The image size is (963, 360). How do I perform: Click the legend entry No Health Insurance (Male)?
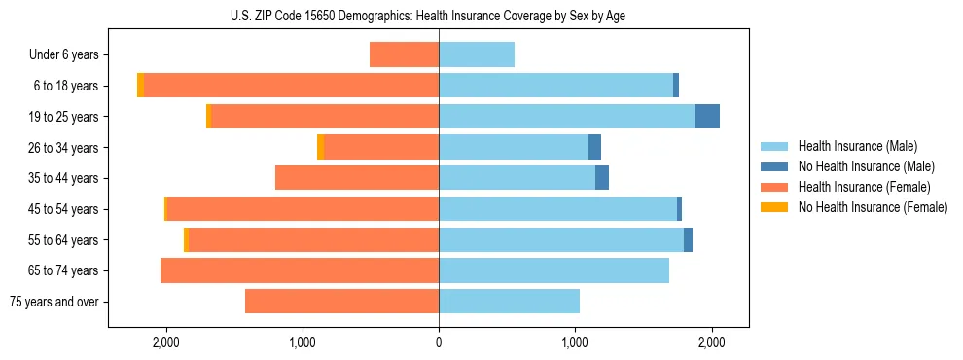[x=866, y=166]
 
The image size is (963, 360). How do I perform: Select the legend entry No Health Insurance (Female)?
[x=873, y=207]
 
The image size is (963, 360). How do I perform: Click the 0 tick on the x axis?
[x=439, y=342]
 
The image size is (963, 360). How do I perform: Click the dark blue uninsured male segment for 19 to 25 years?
[x=707, y=117]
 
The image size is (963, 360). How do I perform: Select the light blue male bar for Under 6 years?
[x=477, y=54]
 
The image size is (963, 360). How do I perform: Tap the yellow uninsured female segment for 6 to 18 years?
[x=141, y=86]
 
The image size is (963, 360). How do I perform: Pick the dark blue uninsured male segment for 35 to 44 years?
[x=602, y=178]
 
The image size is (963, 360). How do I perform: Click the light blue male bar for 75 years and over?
[x=509, y=302]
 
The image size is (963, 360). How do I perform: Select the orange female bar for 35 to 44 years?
[x=357, y=178]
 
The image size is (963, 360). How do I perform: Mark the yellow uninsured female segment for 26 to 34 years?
[x=320, y=147]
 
